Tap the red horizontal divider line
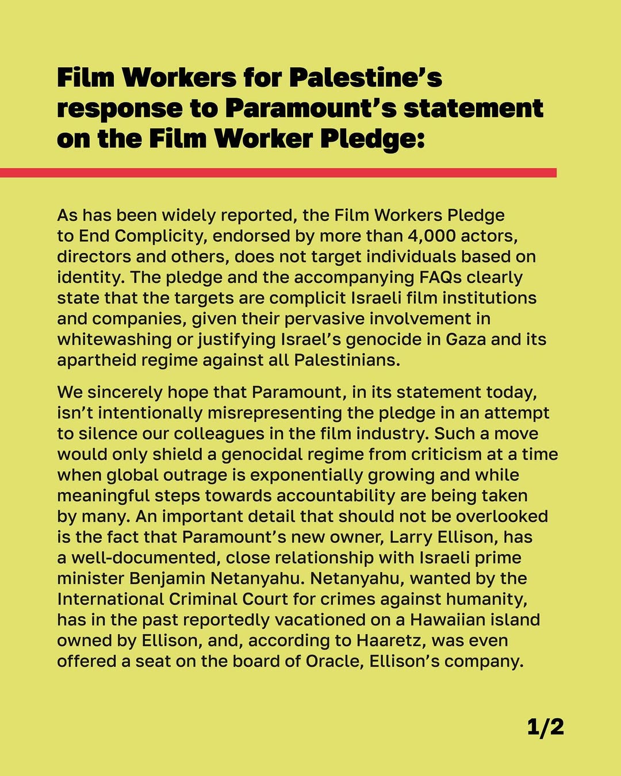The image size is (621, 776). pos(278,172)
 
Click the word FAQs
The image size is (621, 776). pos(440,277)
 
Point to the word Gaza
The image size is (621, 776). pos(466,339)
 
